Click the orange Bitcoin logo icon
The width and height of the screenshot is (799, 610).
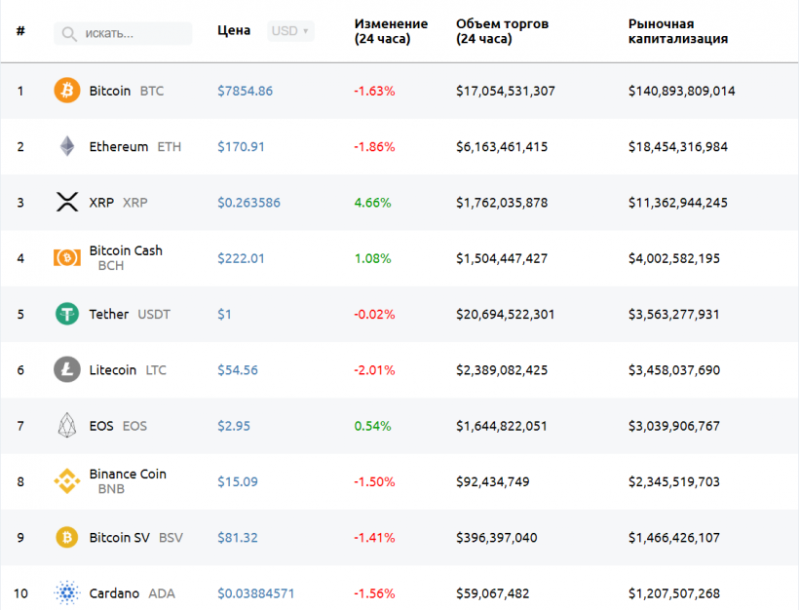pos(67,91)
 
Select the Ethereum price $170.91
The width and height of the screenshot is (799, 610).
pos(241,147)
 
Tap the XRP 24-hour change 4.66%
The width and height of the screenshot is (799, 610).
pos(372,203)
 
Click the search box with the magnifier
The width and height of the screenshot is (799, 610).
pos(123,33)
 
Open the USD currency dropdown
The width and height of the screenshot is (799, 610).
pos(290,31)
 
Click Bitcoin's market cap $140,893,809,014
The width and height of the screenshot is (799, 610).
pos(681,91)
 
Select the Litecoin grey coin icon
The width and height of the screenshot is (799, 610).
pos(67,370)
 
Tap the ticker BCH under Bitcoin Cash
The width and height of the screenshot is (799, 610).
pos(111,265)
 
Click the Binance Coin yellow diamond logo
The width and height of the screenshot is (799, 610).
pos(67,481)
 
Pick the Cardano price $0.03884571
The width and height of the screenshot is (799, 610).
pos(255,593)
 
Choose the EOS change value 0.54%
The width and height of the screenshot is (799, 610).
pos(372,426)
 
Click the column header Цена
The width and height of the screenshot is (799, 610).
pos(234,30)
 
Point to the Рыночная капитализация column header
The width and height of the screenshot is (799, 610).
pos(678,31)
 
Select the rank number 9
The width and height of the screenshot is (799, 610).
pos(20,537)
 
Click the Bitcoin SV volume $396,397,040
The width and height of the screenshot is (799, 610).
pos(496,537)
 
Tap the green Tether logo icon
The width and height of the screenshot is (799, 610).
pos(67,314)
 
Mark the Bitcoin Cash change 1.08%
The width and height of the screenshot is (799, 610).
pos(372,258)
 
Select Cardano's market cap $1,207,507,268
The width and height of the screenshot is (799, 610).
pos(674,593)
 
